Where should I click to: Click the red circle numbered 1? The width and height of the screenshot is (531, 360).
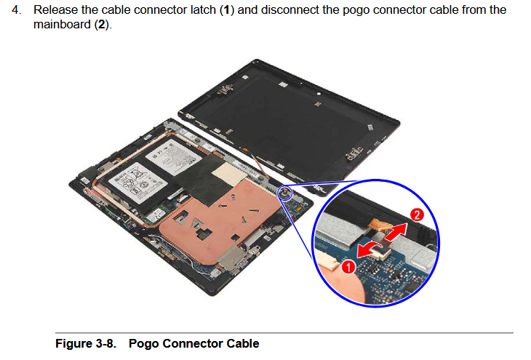tap(348, 266)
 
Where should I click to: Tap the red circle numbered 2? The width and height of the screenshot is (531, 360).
tap(417, 215)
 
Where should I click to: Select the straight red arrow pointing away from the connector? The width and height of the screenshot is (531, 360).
tap(396, 232)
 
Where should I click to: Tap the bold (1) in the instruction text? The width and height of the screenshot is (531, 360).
tap(227, 10)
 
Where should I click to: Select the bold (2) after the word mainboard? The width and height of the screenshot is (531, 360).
tap(102, 25)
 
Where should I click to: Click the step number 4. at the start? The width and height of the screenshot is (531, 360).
tap(17, 10)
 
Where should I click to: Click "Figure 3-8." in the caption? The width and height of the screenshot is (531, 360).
tap(86, 343)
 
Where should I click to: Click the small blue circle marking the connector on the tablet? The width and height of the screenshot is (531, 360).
tap(285, 193)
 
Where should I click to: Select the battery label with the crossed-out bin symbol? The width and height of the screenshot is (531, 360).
tap(137, 183)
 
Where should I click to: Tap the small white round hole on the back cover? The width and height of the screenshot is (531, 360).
tap(319, 93)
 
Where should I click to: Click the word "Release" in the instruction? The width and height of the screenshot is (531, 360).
tap(55, 10)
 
